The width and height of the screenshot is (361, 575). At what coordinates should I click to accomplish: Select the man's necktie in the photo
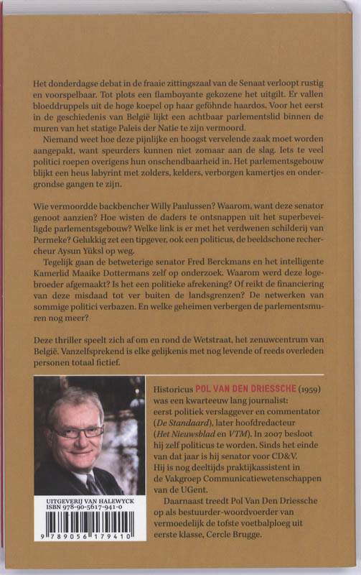(x=92, y=482)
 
